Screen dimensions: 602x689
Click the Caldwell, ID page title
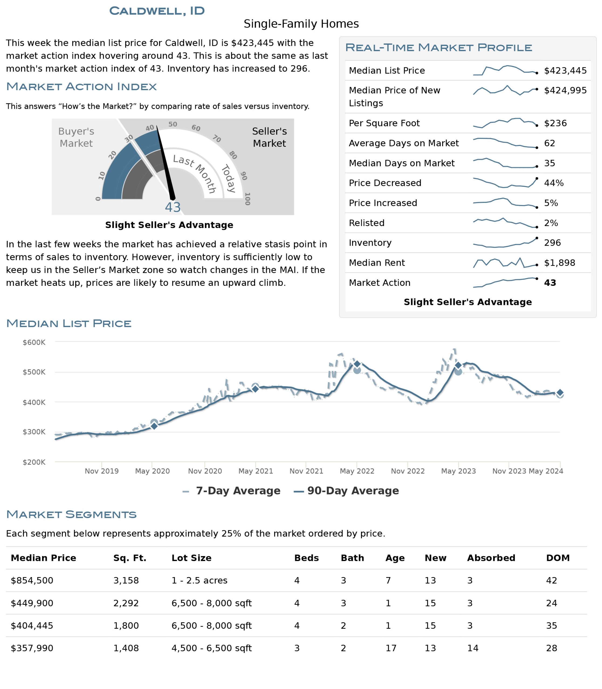[x=157, y=11]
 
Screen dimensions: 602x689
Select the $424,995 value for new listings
[x=565, y=90]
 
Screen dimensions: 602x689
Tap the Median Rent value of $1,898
[x=560, y=263]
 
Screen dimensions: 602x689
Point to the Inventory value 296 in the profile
[x=553, y=242]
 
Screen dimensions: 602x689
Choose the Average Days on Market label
[x=404, y=143]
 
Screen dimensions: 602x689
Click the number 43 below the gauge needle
[x=173, y=207]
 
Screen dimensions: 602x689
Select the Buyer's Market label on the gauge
[x=76, y=137]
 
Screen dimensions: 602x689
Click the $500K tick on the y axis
[x=34, y=372]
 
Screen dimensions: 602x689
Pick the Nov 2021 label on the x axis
[x=306, y=471]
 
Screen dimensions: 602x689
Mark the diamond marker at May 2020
[x=154, y=426]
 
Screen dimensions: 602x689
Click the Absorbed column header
[x=491, y=558]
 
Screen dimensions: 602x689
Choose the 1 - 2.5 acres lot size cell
[x=199, y=581]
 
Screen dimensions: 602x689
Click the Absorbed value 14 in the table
[x=473, y=648]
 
